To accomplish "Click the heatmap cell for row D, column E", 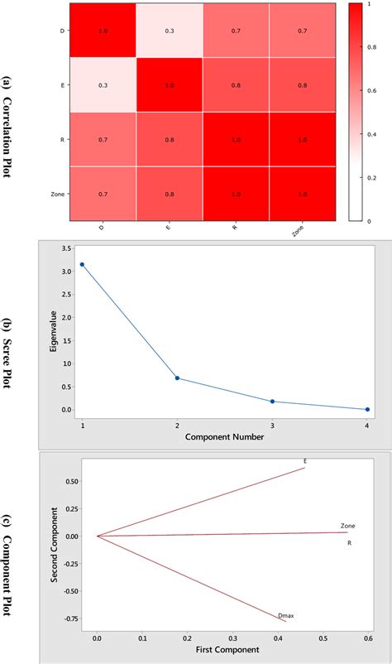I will tap(170, 30).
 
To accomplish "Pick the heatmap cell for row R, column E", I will tap(170, 139).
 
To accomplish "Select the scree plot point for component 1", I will tap(82, 264).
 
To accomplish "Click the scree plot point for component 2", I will tap(177, 378).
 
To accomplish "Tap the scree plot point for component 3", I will tap(272, 402).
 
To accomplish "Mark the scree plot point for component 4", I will tap(367, 409).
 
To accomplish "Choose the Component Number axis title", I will tap(224, 436).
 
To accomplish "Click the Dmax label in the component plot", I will tap(286, 614).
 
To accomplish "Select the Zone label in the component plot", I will tap(348, 526).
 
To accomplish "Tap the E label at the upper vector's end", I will tap(305, 461).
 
